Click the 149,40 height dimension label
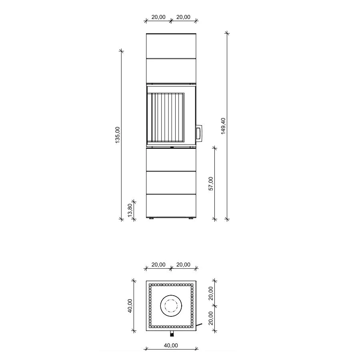[223, 126]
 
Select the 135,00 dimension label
[117, 135]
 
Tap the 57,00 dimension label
[211, 184]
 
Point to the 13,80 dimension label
[130, 210]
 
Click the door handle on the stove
[199, 133]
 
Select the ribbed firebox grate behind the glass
[166, 117]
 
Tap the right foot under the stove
[191, 218]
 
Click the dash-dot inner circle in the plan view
[171, 306]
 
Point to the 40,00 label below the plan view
[171, 345]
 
